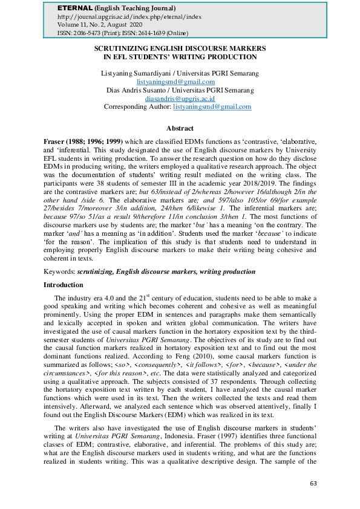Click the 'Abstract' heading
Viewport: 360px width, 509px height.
(180, 128)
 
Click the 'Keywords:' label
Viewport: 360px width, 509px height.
(60, 272)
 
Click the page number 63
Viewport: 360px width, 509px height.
(313, 484)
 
